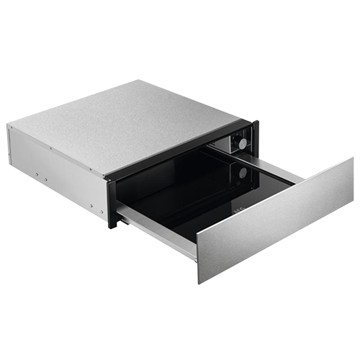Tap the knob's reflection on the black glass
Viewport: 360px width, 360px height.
click(243, 173)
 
